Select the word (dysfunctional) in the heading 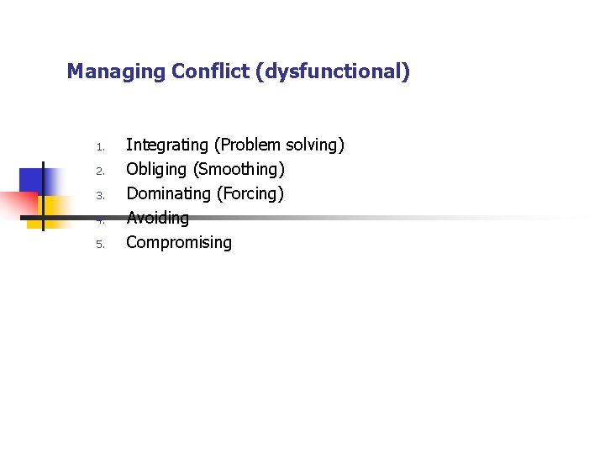click(337, 72)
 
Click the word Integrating click(164, 145)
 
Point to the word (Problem click(244, 145)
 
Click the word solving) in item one click(315, 145)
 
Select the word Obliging click(156, 170)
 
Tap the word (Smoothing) click(239, 170)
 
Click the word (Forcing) click(251, 194)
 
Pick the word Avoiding click(157, 219)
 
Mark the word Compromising click(179, 243)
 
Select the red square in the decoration click(17, 203)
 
